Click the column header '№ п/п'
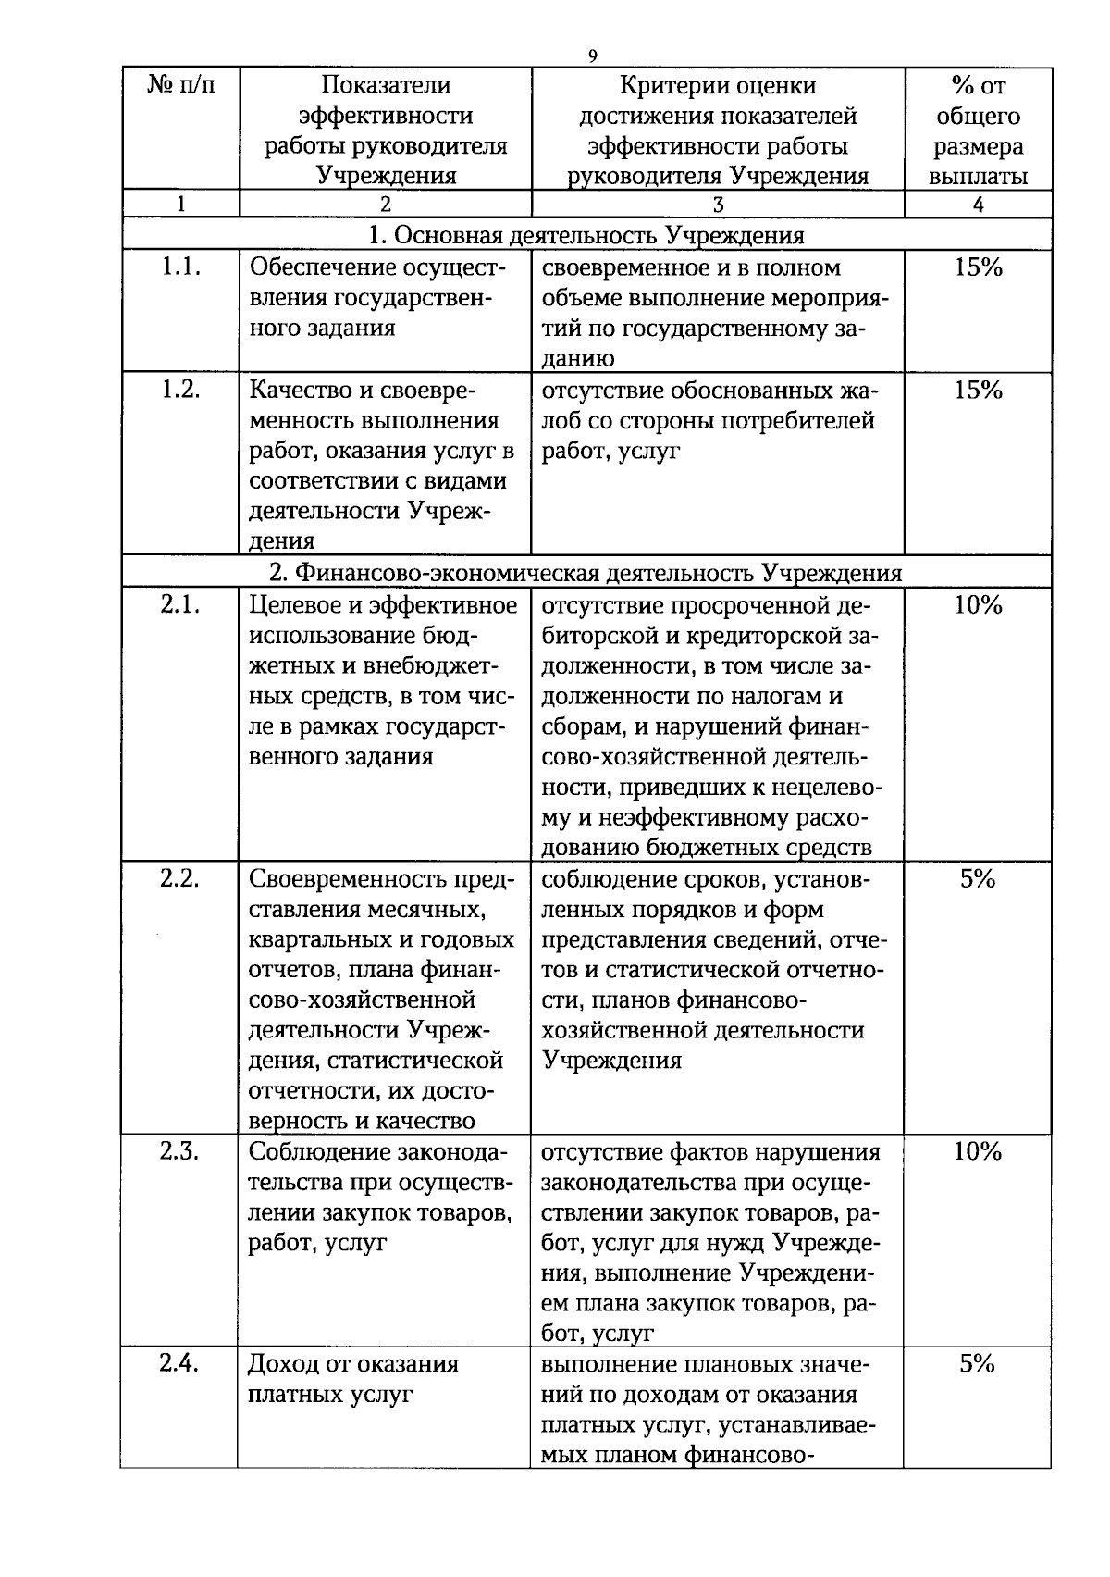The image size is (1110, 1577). click(x=180, y=85)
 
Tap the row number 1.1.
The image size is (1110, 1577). click(x=180, y=267)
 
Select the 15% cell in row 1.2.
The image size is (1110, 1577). click(x=978, y=391)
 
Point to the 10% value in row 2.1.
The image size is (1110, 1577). click(x=978, y=605)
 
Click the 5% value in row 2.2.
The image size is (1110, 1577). click(x=977, y=878)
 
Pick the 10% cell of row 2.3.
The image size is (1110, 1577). click(x=978, y=1151)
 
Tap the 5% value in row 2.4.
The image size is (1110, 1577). click(x=977, y=1364)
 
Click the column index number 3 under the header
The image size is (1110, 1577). click(x=718, y=205)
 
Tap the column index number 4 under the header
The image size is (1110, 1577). click(x=978, y=205)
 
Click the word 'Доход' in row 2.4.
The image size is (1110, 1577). click(x=282, y=1364)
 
